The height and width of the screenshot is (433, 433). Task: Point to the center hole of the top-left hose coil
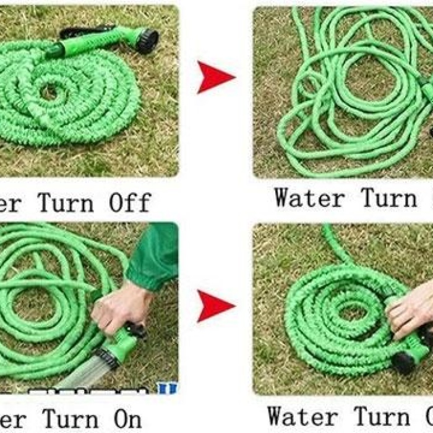pyautogui.click(x=48, y=93)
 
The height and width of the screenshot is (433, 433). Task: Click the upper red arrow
pyautogui.click(x=215, y=77)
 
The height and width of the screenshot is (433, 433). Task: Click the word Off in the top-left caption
pyautogui.click(x=130, y=202)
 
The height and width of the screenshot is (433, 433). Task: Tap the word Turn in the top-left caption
pyautogui.click(x=67, y=202)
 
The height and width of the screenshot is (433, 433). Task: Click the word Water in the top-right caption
pyautogui.click(x=309, y=199)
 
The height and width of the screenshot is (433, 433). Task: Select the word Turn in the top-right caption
pyautogui.click(x=390, y=199)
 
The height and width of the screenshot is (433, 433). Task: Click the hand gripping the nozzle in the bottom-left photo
pyautogui.click(x=121, y=306)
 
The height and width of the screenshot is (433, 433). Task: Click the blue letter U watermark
pyautogui.click(x=166, y=389)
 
